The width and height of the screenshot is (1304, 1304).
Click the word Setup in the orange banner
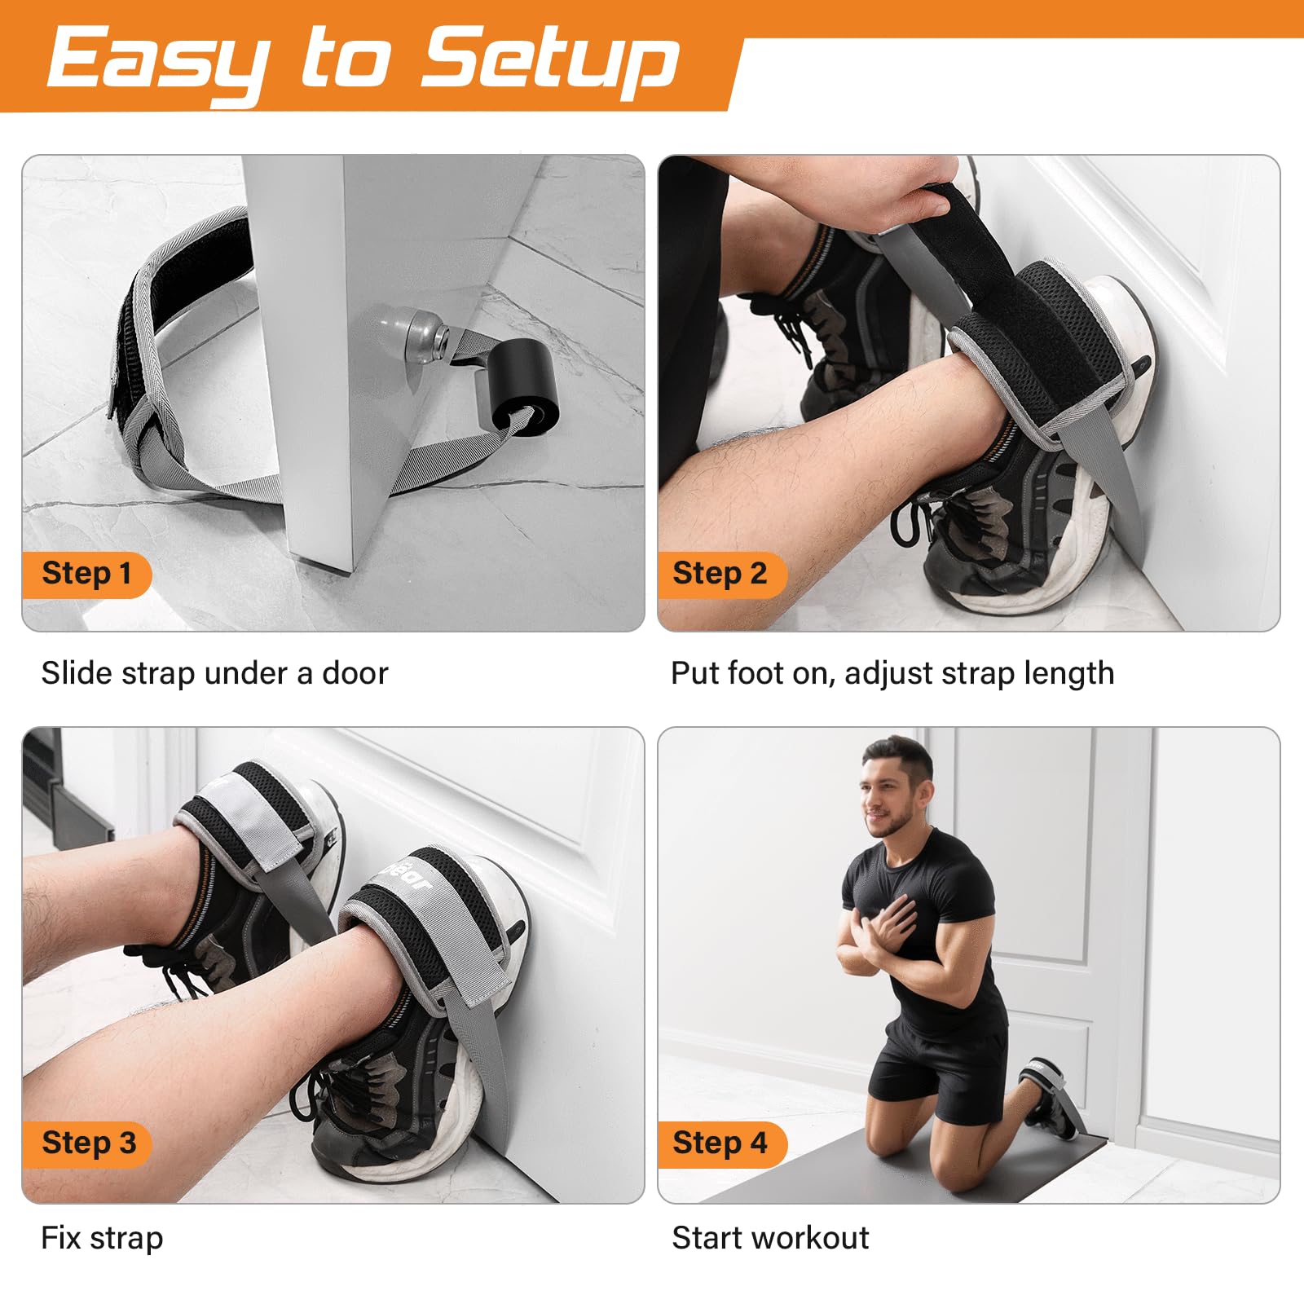(x=550, y=59)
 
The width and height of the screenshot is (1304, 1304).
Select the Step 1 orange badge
(x=86, y=574)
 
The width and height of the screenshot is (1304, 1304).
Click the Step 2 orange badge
(x=720, y=574)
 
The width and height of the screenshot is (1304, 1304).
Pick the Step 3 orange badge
(x=88, y=1143)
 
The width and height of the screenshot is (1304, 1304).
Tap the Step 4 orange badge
(x=720, y=1143)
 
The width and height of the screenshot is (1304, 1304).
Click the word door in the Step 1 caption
(x=355, y=674)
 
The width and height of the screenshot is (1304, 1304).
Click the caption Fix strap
(x=102, y=1239)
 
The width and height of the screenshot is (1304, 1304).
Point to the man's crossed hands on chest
(x=880, y=937)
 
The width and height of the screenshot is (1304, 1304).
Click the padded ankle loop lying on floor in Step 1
(x=175, y=326)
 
